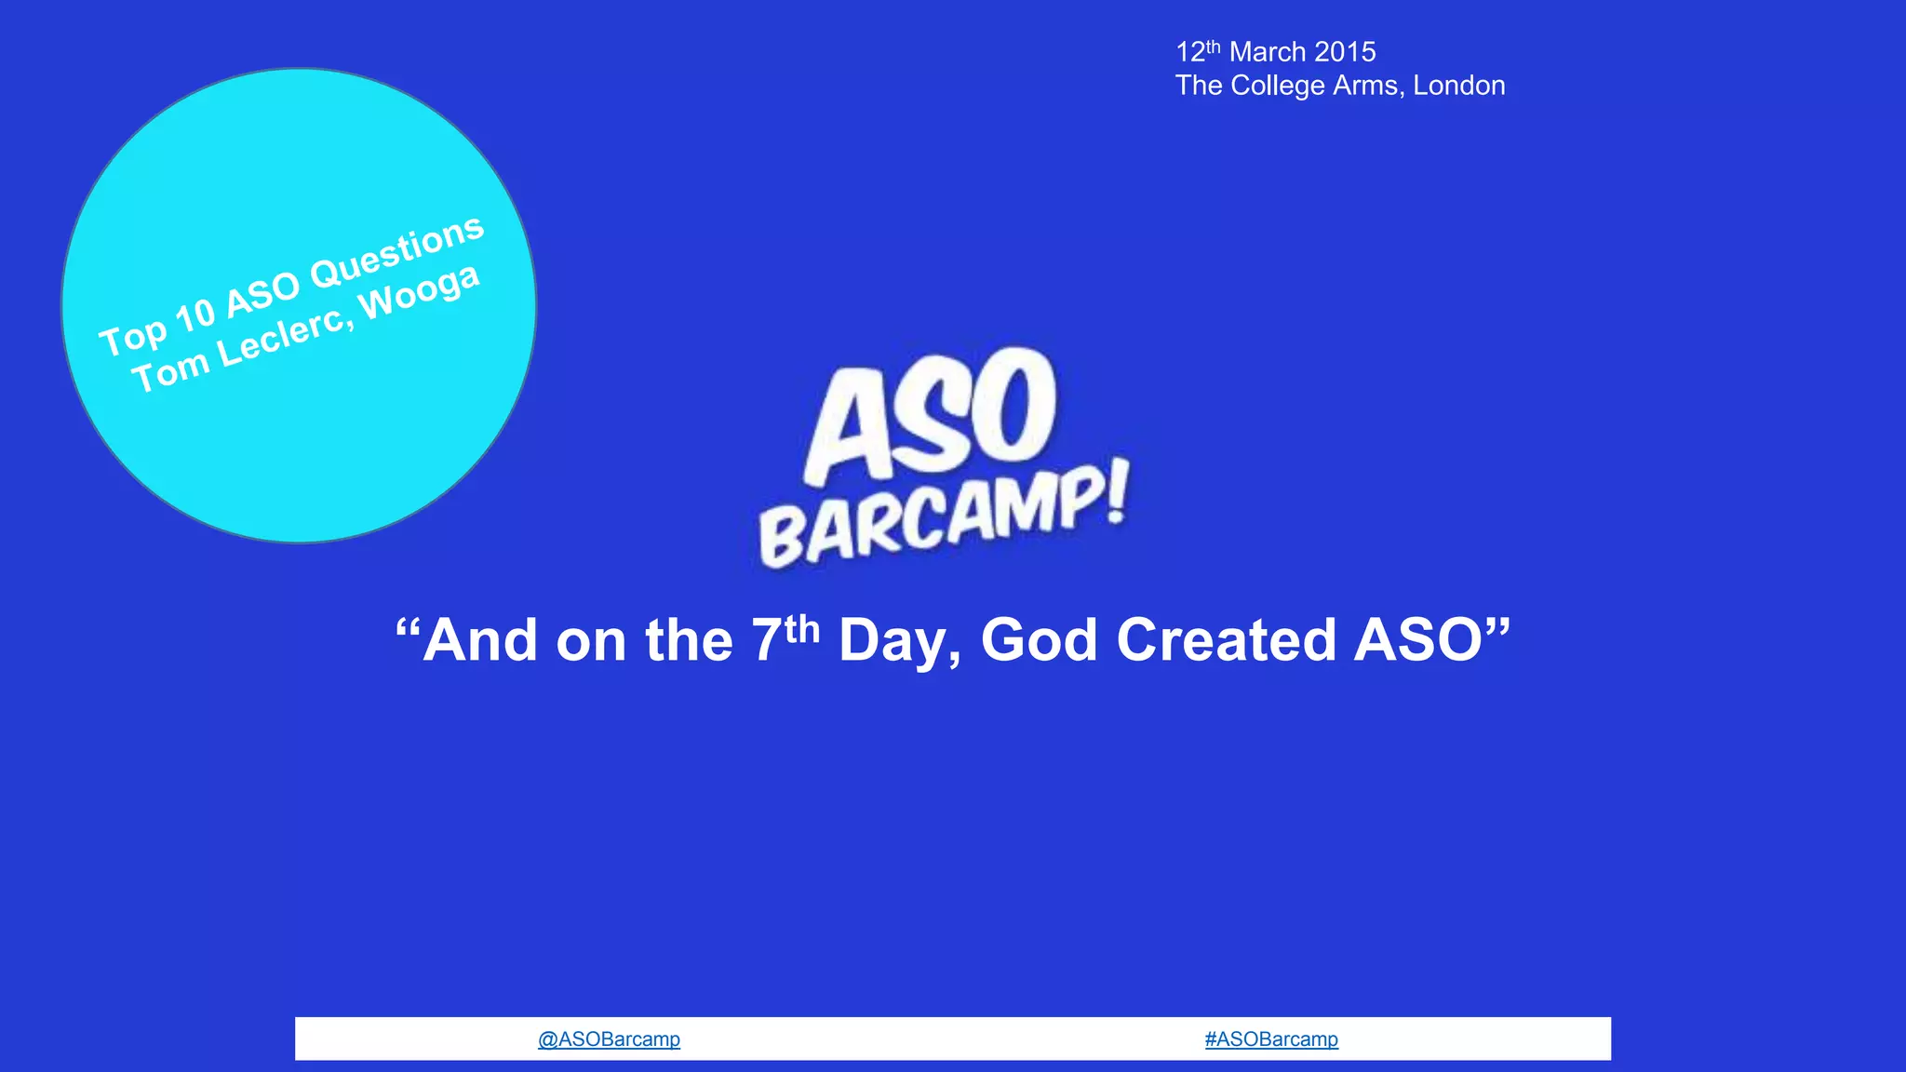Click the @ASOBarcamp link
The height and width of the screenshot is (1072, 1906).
point(609,1039)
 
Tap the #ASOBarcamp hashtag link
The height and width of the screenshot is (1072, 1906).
point(1271,1039)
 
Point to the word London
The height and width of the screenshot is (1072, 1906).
point(1458,86)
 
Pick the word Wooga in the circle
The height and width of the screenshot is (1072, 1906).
point(420,290)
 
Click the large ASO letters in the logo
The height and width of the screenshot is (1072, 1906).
point(931,414)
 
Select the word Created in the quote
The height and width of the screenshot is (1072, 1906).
point(1226,640)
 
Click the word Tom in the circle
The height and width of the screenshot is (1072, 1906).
point(170,374)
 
